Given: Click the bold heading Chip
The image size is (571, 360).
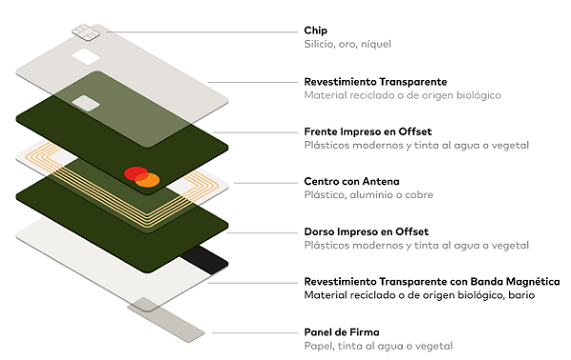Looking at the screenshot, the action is pos(315,30).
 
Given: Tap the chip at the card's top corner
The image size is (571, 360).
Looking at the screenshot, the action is pos(86,32).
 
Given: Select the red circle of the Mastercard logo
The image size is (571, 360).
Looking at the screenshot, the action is pos(136,173).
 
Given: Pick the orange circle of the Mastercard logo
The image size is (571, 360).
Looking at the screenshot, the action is pos(148,180).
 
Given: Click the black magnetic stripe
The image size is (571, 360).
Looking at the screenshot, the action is pos(205,259).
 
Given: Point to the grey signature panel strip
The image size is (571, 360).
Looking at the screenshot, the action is pos(166,320).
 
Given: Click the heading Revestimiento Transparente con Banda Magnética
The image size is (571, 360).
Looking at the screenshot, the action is pos(432,282).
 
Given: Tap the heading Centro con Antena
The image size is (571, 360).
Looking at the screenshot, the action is pos(351,181).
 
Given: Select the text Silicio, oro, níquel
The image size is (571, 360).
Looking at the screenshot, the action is pos(347,44).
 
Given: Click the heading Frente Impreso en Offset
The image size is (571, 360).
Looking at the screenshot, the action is pos(367,131).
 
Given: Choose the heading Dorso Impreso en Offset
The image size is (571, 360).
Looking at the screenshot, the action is pos(366,231).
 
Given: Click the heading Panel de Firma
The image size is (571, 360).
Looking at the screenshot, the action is pos(342,332).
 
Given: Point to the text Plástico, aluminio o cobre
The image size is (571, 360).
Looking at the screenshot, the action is pos(368,194).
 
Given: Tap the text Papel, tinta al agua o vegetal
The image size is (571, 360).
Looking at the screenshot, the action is pos(379,346).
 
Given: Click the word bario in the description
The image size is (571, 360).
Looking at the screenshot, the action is pos(522,295).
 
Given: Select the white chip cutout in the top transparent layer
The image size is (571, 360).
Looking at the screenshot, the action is pos(86,57).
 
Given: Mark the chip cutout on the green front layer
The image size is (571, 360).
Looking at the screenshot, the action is pos(86,103).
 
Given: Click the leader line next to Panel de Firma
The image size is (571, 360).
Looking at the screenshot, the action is pos(255,332).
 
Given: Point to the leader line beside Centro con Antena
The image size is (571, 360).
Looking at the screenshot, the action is pos(266,183).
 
